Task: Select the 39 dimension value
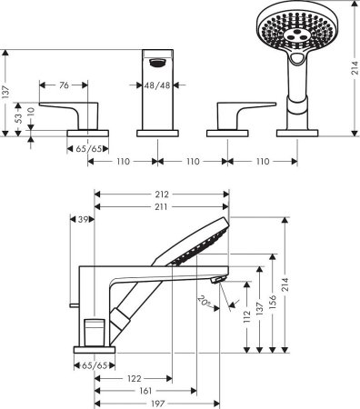point(84,220)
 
